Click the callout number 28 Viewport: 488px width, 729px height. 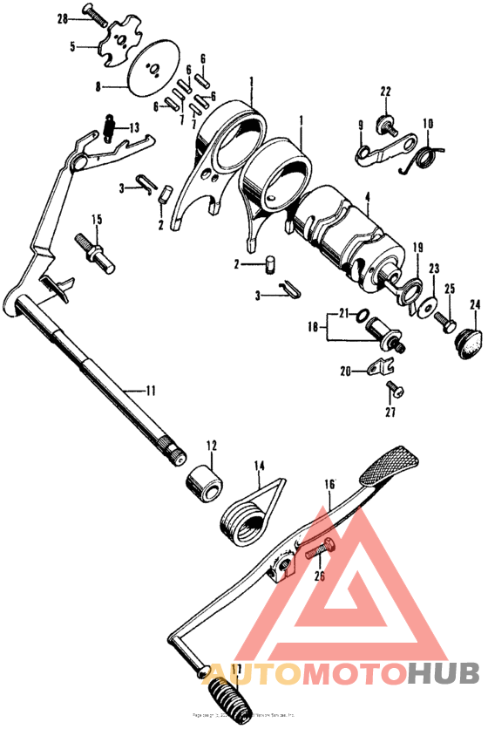click(x=62, y=17)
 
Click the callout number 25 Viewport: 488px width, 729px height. click(x=450, y=289)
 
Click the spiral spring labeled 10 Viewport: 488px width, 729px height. click(x=429, y=157)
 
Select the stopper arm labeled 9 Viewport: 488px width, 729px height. click(x=381, y=149)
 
